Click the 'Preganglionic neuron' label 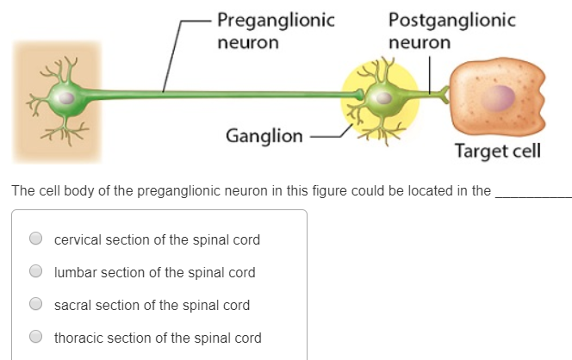275,30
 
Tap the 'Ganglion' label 264,136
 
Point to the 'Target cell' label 498,152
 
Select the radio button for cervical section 36,239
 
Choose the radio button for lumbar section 36,271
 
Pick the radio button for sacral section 36,304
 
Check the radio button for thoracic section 36,338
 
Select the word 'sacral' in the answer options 73,305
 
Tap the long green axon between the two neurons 215,94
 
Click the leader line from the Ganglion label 327,135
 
